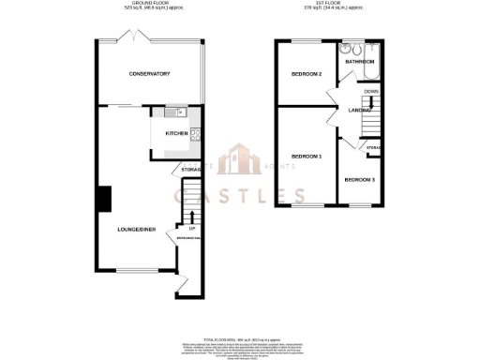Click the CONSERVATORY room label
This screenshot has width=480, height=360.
(149, 73)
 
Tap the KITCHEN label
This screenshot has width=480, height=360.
(176, 134)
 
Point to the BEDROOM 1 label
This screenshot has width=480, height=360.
(306, 156)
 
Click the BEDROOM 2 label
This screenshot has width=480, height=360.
(306, 74)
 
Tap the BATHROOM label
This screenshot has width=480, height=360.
(360, 62)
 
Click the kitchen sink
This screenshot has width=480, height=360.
(176, 112)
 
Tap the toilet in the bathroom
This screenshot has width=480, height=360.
(348, 50)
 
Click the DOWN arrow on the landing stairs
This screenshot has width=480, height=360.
(371, 92)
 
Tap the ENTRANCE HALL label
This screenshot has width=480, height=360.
(178, 238)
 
